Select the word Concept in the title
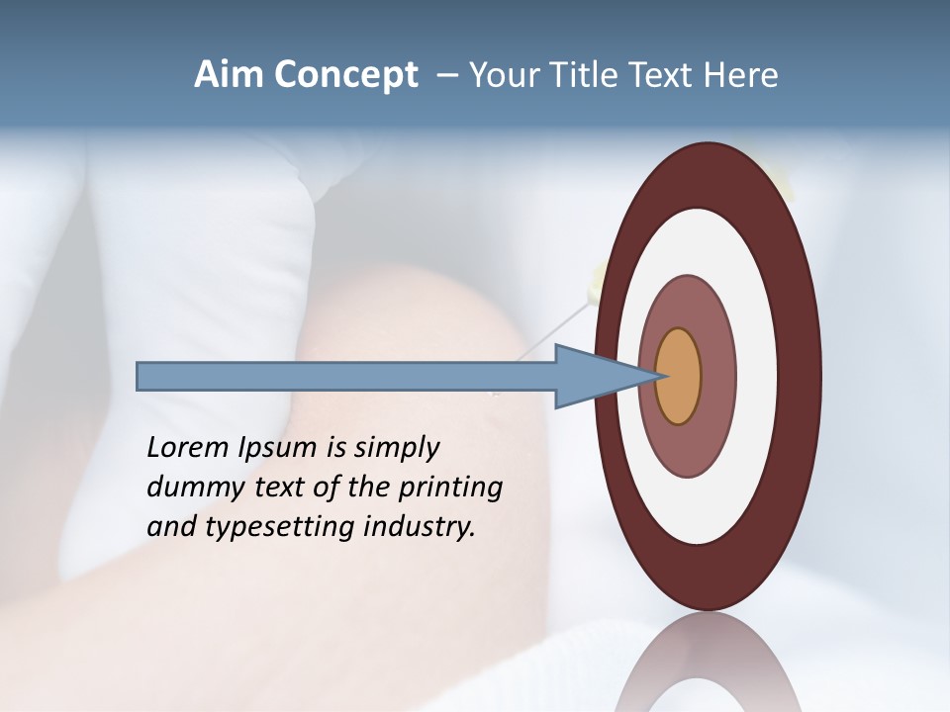point(346,76)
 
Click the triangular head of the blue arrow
point(594,377)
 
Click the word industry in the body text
point(420,527)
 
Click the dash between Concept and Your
point(446,76)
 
